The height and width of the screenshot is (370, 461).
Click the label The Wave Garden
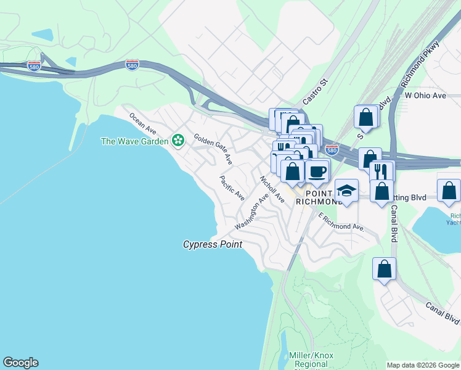134,141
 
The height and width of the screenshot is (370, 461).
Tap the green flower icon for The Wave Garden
178,141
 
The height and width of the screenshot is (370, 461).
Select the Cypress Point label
213,244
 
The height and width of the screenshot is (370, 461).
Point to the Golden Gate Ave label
213,149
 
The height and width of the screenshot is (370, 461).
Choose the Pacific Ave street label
232,188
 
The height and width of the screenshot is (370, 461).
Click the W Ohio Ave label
425,96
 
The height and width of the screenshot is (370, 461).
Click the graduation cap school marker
346,191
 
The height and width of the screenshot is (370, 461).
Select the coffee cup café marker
317,170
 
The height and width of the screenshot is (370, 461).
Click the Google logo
20,363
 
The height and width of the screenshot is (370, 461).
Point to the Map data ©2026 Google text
423,365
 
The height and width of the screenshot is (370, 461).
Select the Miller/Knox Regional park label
311,360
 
